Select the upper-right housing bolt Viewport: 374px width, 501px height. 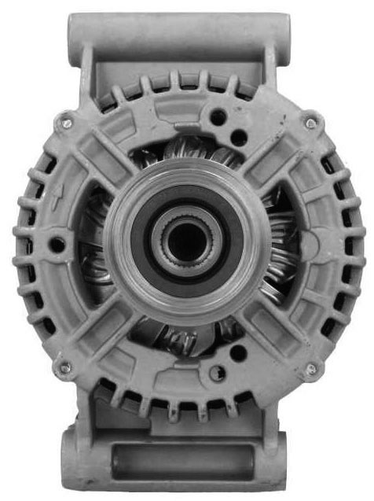(x=311, y=123)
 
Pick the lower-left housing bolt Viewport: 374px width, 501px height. (x=64, y=367)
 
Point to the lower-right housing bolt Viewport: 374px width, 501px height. (x=311, y=367)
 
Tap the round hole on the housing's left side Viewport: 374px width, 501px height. (x=57, y=245)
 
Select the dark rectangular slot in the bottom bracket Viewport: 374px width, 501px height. (x=181, y=462)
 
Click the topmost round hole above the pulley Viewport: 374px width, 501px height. (x=219, y=117)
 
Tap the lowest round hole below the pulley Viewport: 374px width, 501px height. (x=219, y=372)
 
